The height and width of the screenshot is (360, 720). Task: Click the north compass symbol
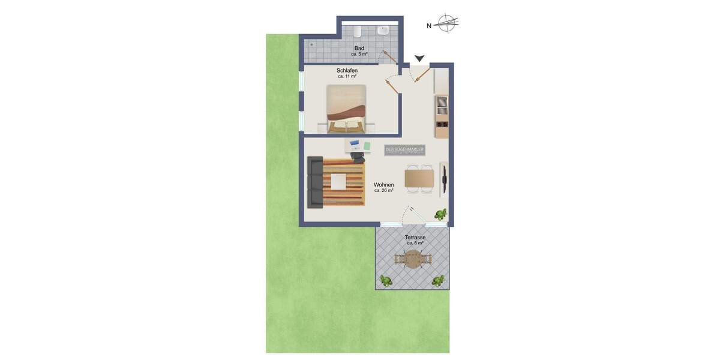[446, 24]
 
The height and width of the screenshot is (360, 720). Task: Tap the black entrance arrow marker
[419, 58]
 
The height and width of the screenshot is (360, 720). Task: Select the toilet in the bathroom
[356, 31]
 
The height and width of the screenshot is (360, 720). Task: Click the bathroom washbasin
[383, 31]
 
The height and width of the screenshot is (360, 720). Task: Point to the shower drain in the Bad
[312, 44]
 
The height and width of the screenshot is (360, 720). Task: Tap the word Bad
[359, 48]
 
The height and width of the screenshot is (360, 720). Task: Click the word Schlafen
[347, 70]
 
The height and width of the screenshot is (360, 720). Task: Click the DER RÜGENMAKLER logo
[405, 149]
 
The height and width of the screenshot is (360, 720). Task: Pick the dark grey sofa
[315, 182]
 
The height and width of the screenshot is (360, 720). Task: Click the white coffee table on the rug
[339, 181]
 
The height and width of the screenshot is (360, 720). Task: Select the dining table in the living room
[419, 178]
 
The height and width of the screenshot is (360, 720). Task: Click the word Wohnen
[384, 184]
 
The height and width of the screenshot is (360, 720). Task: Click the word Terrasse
[415, 237]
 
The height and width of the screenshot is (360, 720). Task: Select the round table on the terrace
[413, 259]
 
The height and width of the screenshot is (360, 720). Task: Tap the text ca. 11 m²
[347, 76]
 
